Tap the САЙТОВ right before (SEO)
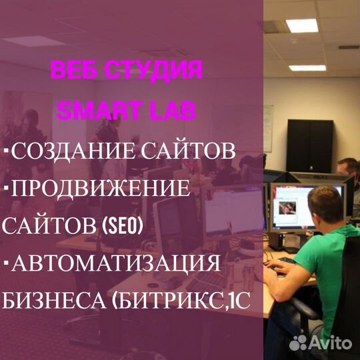[49, 226]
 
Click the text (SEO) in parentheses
[122, 226]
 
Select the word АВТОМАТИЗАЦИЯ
[115, 263]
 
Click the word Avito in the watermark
[331, 343]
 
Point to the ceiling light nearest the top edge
[302, 25]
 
